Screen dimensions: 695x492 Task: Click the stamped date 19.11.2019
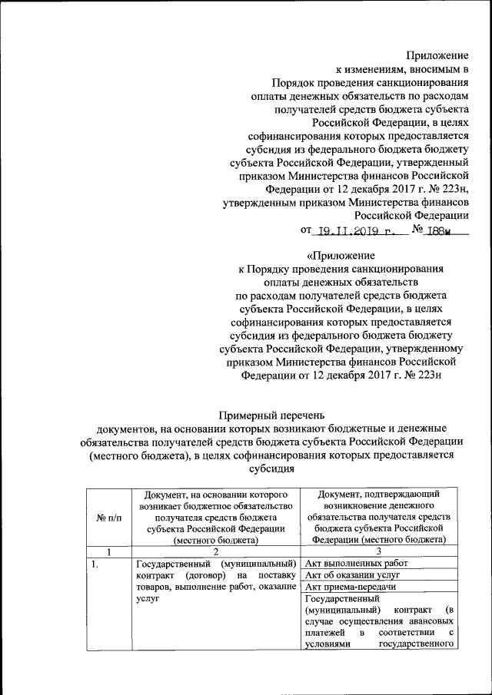[359, 230]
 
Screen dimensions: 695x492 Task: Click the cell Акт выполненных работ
[356, 564]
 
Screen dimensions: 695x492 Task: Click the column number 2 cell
[214, 551]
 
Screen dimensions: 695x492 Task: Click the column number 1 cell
[109, 551]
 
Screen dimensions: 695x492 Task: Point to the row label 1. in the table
[95, 564]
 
